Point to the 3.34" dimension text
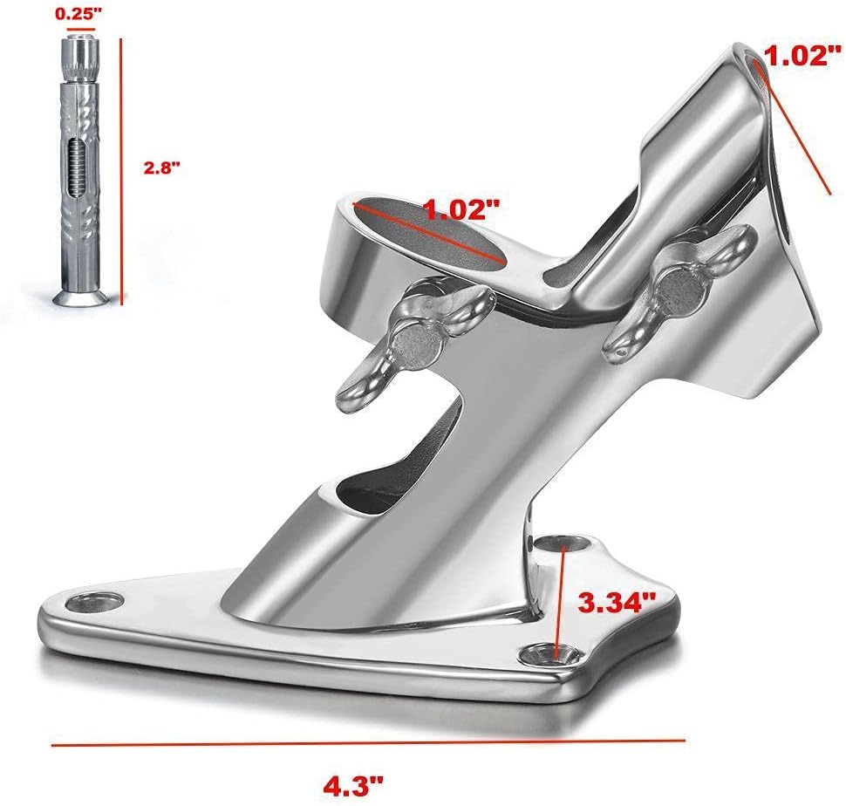(x=617, y=602)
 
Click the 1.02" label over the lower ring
(x=461, y=209)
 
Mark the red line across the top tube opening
(x=792, y=131)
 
